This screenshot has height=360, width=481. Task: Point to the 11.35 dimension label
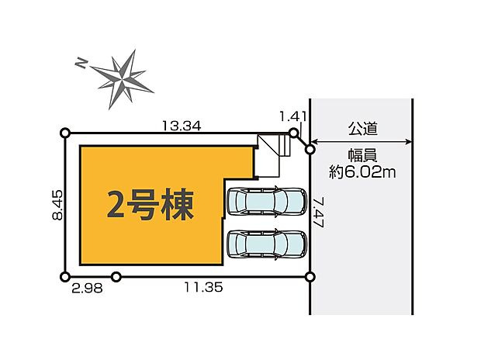203,287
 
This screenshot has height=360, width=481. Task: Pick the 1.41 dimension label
294,116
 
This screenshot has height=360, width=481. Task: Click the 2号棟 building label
151,206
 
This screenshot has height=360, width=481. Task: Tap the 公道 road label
362,127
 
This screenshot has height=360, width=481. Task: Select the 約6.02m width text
362,172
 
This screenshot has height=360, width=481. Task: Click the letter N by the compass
80,63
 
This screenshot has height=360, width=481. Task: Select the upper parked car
265,202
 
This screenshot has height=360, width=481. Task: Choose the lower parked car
265,244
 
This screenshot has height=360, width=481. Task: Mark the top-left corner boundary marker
65,133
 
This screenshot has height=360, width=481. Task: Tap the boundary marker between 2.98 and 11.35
116,276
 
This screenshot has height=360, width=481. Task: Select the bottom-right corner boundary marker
310,276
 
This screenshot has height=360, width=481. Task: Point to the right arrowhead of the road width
408,141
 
